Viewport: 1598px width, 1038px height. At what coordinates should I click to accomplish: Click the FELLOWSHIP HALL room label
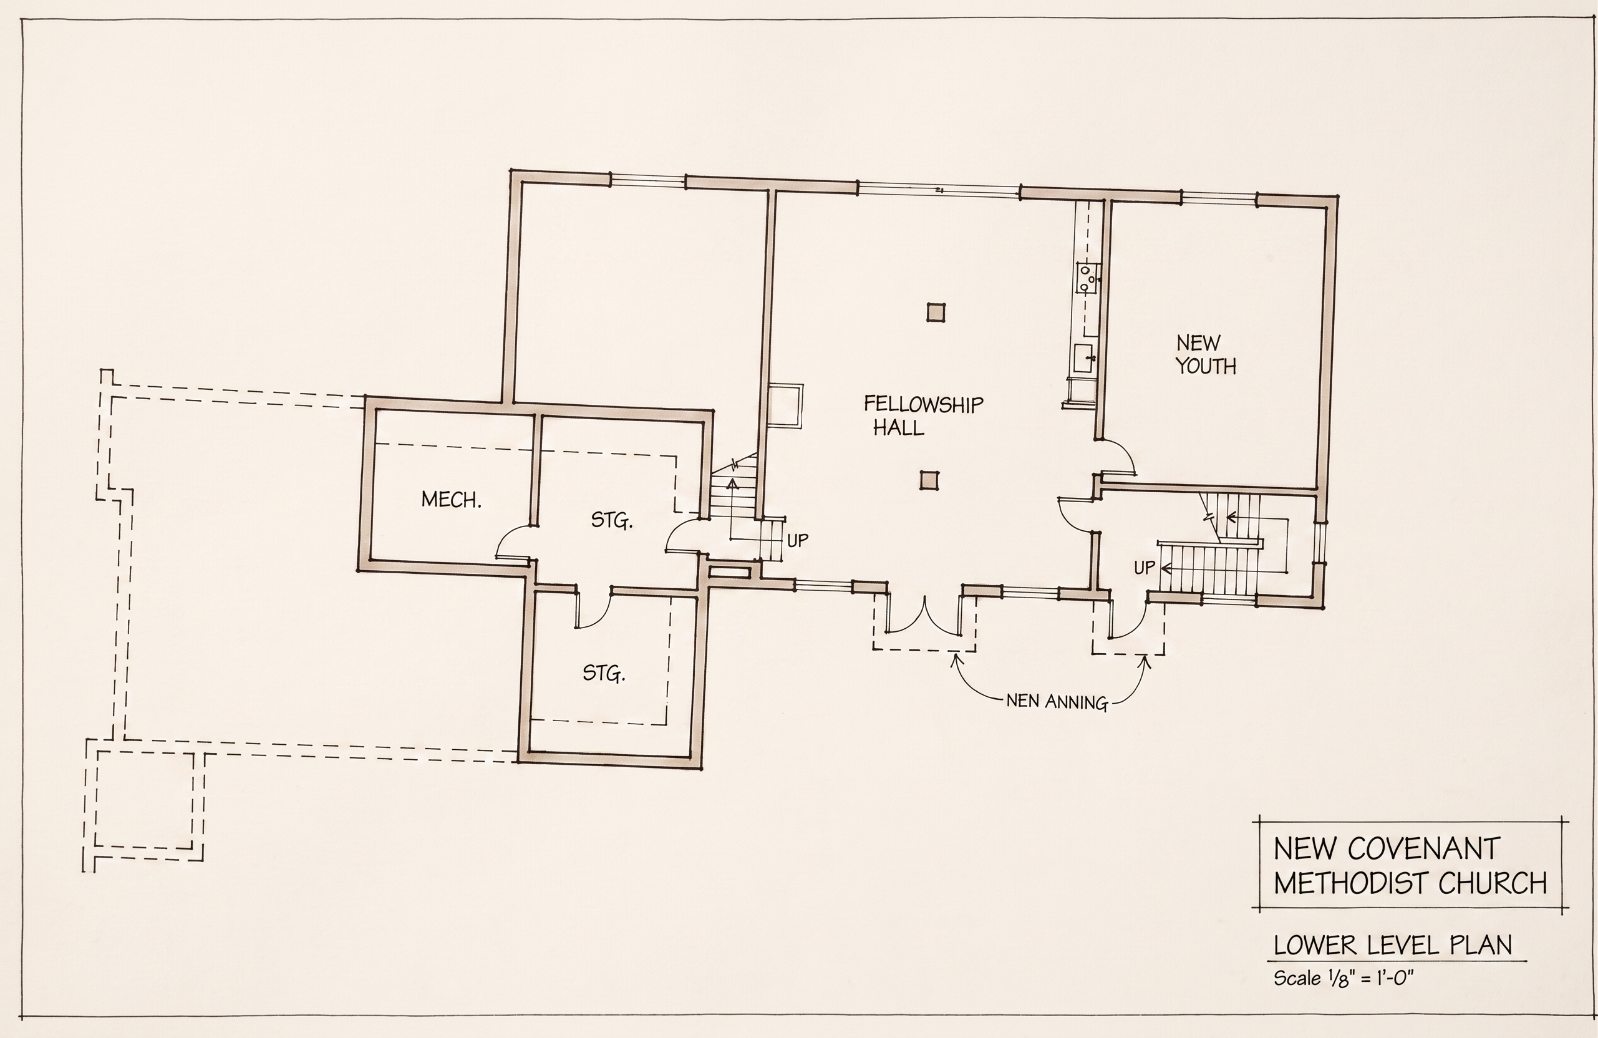click(x=923, y=415)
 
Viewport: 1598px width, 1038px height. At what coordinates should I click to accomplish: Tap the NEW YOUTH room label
click(x=1206, y=354)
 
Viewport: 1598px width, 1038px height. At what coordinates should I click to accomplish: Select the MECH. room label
click(x=451, y=500)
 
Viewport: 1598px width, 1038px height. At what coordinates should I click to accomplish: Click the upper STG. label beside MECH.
click(x=612, y=520)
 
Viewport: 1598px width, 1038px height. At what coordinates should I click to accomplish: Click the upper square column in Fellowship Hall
click(x=936, y=313)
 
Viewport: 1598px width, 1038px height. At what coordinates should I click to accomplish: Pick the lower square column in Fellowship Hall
click(x=929, y=481)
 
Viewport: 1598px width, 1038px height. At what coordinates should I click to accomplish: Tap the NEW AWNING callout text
click(x=1057, y=702)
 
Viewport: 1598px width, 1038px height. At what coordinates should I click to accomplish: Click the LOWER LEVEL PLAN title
click(x=1393, y=945)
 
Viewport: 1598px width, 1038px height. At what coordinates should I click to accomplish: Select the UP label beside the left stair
click(x=798, y=540)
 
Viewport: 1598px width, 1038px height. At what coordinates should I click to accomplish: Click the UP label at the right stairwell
click(x=1144, y=567)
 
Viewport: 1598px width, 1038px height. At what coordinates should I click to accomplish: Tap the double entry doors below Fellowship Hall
click(x=924, y=615)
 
